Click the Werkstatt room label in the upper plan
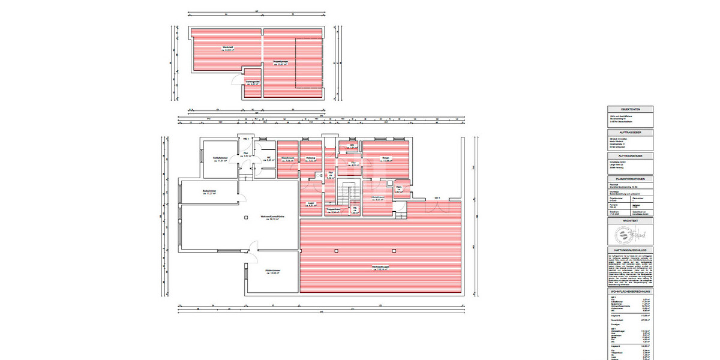coord(227,49)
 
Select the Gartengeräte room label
coord(253,83)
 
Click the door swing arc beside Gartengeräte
coord(236,82)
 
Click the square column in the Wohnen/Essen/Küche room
coord(246,218)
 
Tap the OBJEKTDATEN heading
coord(631,109)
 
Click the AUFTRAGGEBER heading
coord(631,132)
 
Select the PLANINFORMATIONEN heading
coord(631,179)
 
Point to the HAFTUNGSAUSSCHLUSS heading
coord(631,250)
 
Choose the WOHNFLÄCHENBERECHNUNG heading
coord(631,291)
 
